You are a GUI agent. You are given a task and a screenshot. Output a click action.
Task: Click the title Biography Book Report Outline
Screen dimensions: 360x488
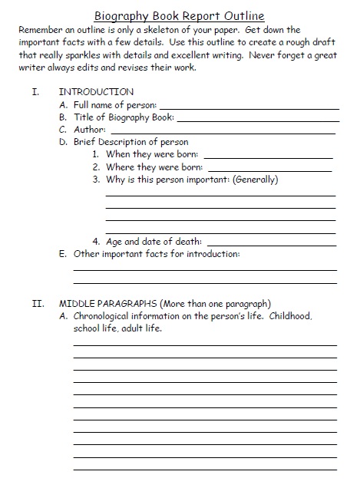click(180, 15)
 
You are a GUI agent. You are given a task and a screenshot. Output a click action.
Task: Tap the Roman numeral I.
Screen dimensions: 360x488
click(35, 91)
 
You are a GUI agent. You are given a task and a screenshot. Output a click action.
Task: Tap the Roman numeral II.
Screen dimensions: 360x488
click(37, 302)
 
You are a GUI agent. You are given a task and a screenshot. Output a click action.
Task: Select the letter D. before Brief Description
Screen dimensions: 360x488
click(63, 142)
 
